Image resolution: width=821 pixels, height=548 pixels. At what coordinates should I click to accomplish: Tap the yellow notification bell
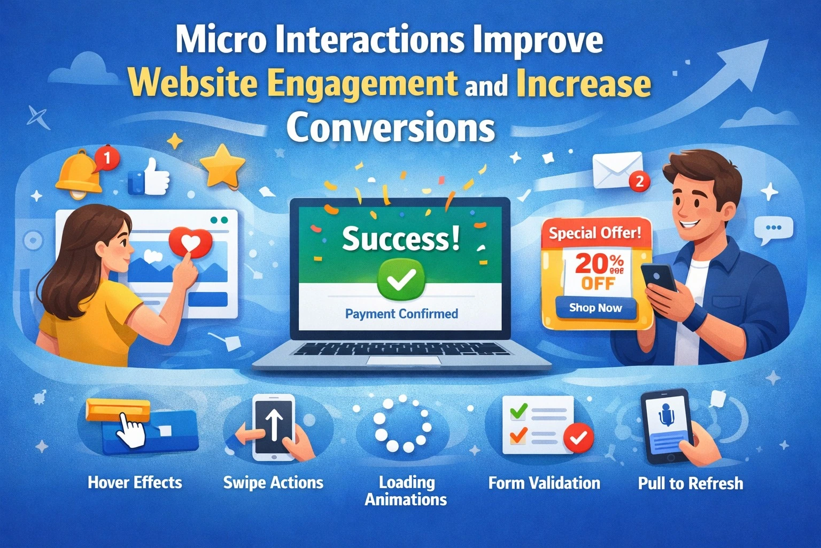click(x=79, y=172)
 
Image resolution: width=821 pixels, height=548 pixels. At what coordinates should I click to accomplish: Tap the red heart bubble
click(x=191, y=243)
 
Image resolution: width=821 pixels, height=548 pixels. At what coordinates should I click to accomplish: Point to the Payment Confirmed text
click(x=401, y=314)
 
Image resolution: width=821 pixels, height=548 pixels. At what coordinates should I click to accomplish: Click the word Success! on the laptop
click(x=400, y=239)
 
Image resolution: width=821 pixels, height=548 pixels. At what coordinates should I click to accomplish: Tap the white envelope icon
click(x=617, y=169)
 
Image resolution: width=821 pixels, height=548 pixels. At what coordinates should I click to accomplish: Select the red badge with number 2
click(x=639, y=181)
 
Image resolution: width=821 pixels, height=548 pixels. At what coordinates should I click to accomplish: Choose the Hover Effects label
click(x=135, y=483)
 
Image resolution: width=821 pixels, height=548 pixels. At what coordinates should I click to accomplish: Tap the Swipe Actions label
click(x=273, y=483)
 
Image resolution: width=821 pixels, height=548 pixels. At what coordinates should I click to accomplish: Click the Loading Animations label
click(x=406, y=491)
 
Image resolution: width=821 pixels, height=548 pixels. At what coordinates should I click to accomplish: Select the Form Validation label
click(x=544, y=483)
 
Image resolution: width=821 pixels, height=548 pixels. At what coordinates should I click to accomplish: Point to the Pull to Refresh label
click(x=690, y=484)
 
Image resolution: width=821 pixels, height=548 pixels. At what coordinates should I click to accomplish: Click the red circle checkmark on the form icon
click(x=578, y=438)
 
